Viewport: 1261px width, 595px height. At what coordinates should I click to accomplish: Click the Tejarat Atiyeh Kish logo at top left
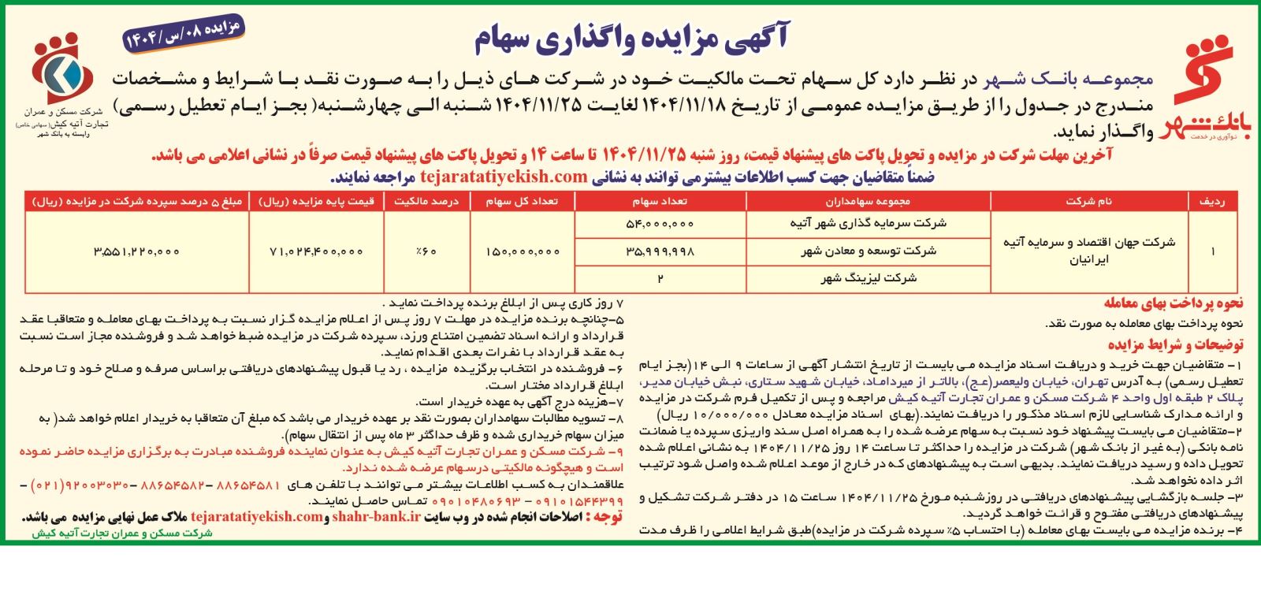coord(61,79)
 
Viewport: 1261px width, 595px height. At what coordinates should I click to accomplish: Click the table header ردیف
coord(1212,202)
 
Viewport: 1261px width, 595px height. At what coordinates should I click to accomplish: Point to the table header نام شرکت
coord(1088,202)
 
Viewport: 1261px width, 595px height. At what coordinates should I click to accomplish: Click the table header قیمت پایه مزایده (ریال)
coord(316,202)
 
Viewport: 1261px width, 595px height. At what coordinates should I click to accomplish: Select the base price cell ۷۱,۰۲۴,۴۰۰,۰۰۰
coord(316,251)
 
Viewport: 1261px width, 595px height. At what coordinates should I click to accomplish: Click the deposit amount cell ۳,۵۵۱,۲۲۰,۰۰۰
coord(136,251)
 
